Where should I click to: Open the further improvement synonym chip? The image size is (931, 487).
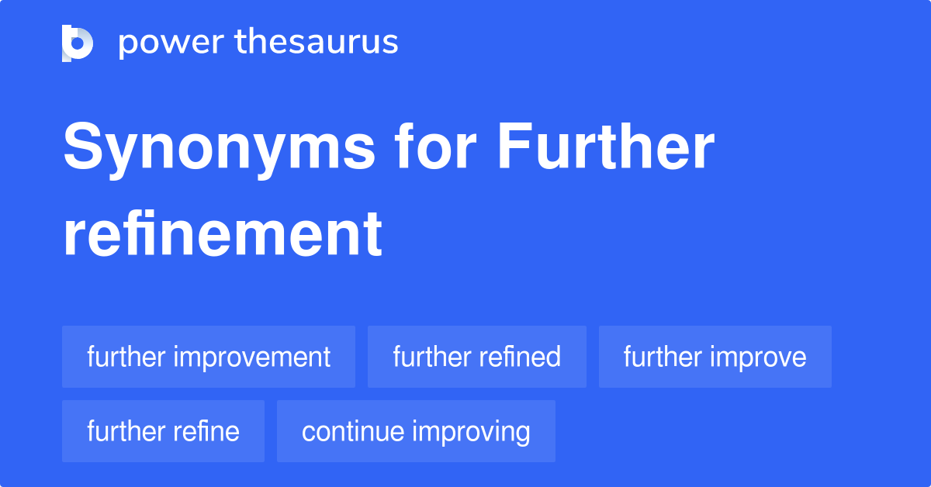pos(209,357)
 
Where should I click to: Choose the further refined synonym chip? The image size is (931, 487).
pos(476,357)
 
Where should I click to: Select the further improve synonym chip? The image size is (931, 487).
pos(715,357)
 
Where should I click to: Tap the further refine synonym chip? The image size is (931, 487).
pos(163,431)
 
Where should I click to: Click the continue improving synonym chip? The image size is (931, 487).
pos(416,431)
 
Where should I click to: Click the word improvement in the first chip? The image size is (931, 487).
pos(252,357)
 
